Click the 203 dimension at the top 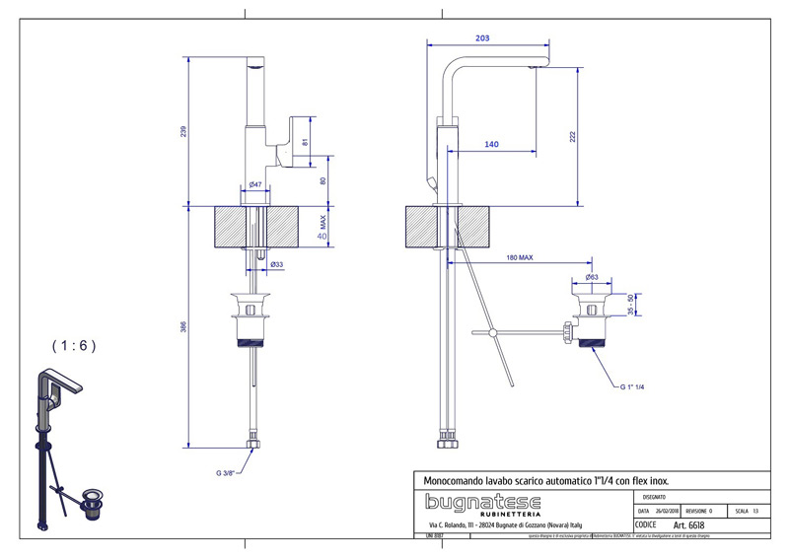(x=482, y=38)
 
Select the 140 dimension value (x=490, y=145)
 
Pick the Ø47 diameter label (x=254, y=184)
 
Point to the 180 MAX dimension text (x=519, y=257)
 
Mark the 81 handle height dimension (x=305, y=142)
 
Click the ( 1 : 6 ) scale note (x=74, y=345)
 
